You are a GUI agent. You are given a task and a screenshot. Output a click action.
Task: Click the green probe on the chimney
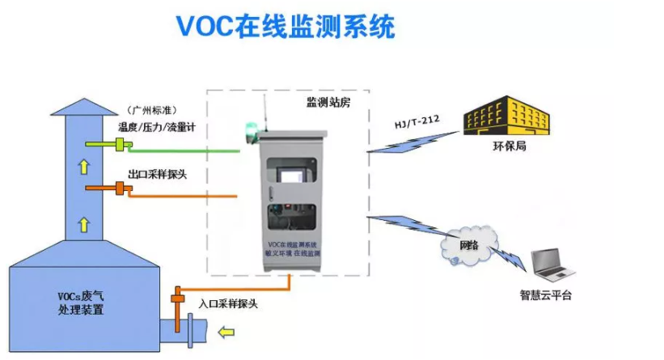[121, 145]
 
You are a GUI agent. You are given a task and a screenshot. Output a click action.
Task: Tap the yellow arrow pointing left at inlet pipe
[228, 330]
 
